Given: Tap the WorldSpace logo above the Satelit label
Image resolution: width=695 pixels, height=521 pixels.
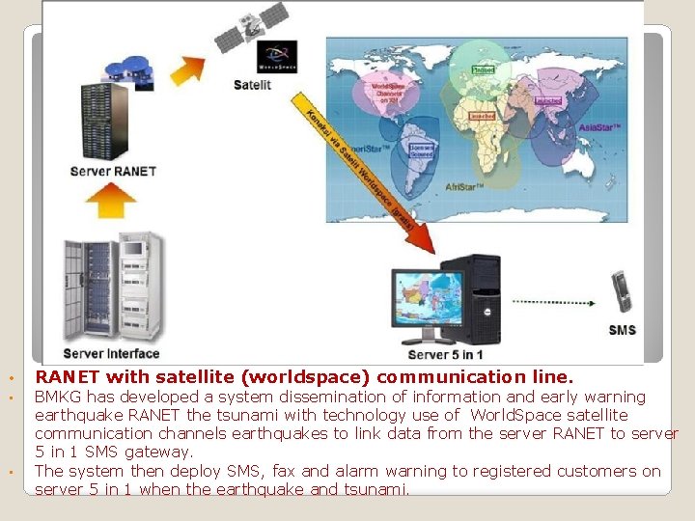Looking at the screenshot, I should pyautogui.click(x=276, y=56).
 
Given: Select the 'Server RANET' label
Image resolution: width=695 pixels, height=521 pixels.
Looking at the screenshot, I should pyautogui.click(x=112, y=172).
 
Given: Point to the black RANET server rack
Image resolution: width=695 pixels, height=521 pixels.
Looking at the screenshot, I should pyautogui.click(x=103, y=122).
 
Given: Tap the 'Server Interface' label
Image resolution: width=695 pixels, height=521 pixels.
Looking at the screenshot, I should pyautogui.click(x=111, y=353).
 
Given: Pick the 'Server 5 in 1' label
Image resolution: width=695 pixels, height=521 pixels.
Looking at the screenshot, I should pyautogui.click(x=446, y=353).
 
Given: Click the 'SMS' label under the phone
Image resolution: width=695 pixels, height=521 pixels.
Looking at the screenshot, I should pyautogui.click(x=623, y=330).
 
